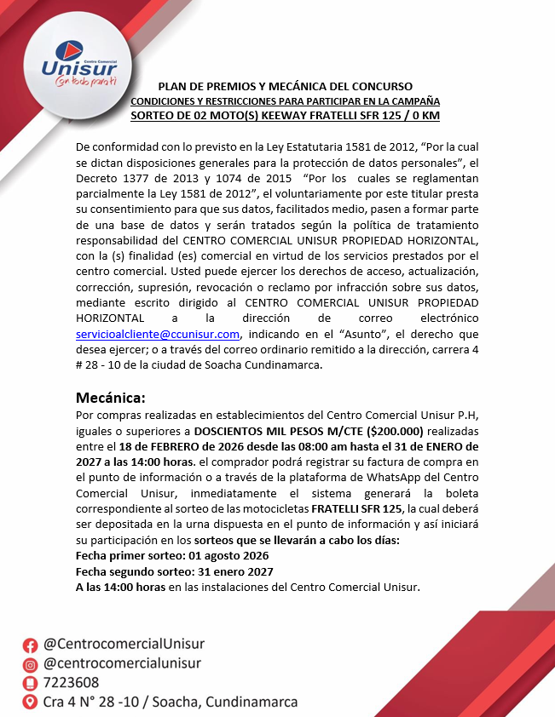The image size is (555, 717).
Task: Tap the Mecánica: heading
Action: pos(111,398)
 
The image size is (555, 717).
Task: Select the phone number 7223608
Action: pos(71,683)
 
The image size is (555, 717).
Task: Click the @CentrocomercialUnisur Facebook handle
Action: pos(124,644)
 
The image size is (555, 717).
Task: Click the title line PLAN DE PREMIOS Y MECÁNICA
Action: pos(286,87)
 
